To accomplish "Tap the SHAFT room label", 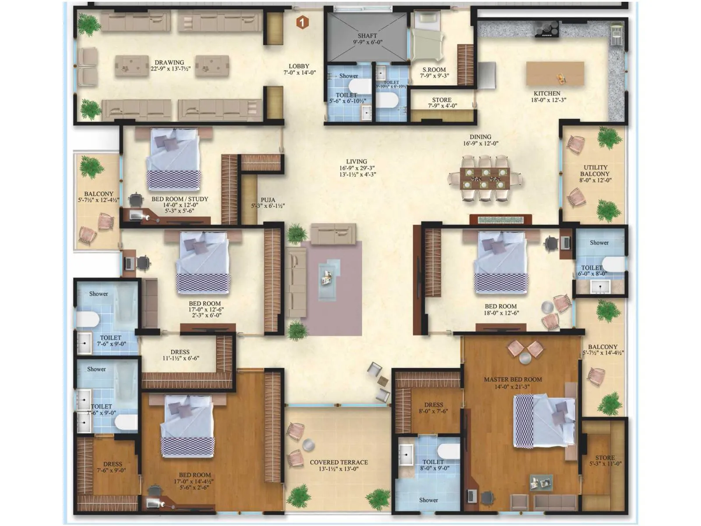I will tap(367, 36).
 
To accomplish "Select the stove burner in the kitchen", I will tap(546, 30).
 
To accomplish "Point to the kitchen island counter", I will tap(555, 73).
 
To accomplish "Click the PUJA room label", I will tap(268, 200).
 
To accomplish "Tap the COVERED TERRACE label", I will tap(339, 462).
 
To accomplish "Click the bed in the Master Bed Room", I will tap(544, 420).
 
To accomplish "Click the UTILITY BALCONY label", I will tap(595, 171).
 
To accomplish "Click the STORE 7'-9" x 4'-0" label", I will tap(441, 100).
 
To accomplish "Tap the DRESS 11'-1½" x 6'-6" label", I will tap(180, 352).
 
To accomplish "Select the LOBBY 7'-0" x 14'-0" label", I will tap(299, 66).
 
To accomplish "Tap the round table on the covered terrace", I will tap(309, 444).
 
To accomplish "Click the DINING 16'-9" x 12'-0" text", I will tap(480, 137).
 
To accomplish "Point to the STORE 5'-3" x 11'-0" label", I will tap(605, 458).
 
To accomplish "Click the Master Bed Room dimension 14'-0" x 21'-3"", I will tap(513, 387).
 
